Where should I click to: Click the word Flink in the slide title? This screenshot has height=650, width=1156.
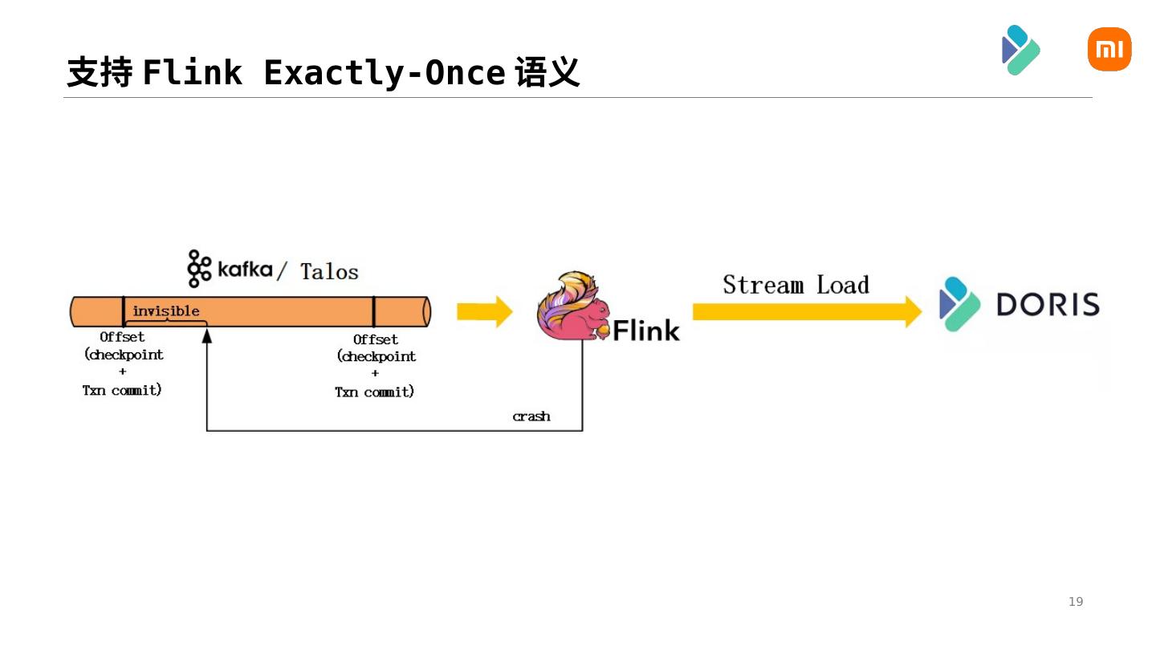pyautogui.click(x=192, y=73)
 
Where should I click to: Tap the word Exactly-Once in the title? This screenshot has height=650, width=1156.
pyautogui.click(x=384, y=73)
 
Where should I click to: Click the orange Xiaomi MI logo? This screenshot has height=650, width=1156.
pyautogui.click(x=1109, y=50)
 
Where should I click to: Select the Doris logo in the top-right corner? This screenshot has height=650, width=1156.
pyautogui.click(x=1020, y=50)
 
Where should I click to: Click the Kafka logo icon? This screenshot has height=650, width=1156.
pyautogui.click(x=197, y=268)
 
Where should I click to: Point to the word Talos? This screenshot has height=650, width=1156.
pyautogui.click(x=329, y=271)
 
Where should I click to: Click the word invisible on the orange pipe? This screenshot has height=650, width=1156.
pyautogui.click(x=165, y=311)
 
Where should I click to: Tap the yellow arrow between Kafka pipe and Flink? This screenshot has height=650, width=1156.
pyautogui.click(x=484, y=311)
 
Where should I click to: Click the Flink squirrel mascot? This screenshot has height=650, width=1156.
pyautogui.click(x=572, y=307)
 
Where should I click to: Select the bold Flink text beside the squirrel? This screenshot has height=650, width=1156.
pyautogui.click(x=646, y=330)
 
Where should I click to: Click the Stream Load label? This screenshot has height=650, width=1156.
pyautogui.click(x=796, y=285)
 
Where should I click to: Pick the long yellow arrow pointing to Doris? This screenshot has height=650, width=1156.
pyautogui.click(x=807, y=312)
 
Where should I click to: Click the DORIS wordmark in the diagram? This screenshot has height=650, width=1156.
pyautogui.click(x=1048, y=305)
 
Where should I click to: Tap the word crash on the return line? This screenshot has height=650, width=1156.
pyautogui.click(x=531, y=416)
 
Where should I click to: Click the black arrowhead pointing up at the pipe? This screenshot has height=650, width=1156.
pyautogui.click(x=207, y=335)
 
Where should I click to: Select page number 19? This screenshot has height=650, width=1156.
pyautogui.click(x=1075, y=602)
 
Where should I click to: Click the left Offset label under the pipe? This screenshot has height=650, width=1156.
pyautogui.click(x=122, y=337)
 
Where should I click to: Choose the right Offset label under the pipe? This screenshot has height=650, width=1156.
pyautogui.click(x=375, y=339)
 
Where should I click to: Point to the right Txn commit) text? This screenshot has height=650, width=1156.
pyautogui.click(x=374, y=392)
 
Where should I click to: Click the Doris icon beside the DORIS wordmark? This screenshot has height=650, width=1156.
pyautogui.click(x=959, y=304)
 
